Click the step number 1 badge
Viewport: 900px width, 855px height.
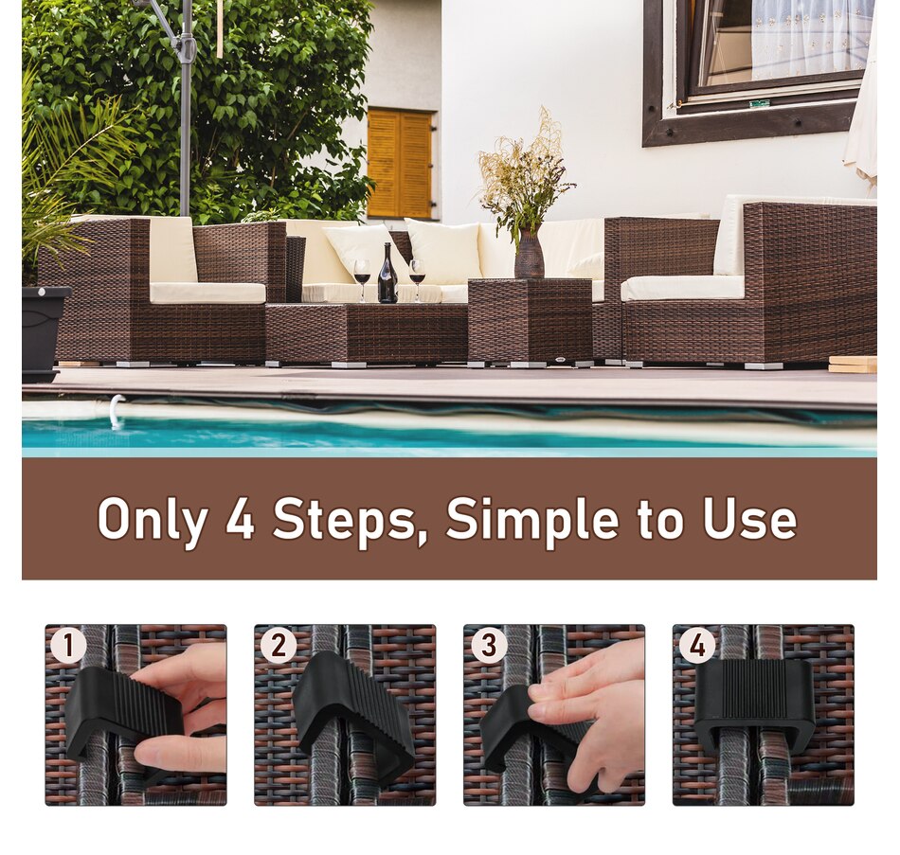(x=68, y=646)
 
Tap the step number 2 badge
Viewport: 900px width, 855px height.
(x=278, y=646)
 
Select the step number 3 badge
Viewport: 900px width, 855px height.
(x=488, y=646)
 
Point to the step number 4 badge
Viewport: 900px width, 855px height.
(x=697, y=646)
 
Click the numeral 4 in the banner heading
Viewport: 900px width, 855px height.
(x=240, y=519)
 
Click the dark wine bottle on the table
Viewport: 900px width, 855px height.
(x=387, y=276)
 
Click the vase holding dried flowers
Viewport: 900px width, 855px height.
(x=529, y=255)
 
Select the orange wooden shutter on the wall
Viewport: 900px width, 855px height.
(x=400, y=163)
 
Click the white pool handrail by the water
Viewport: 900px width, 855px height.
(x=116, y=410)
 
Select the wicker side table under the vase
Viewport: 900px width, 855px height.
(x=531, y=320)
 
